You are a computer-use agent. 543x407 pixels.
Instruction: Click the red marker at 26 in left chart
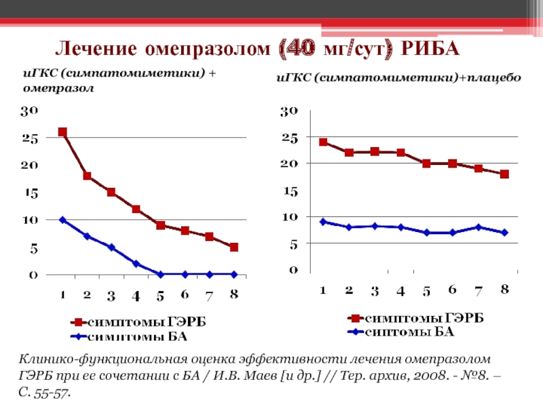tap(62, 132)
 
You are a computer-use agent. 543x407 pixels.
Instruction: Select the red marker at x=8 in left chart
tap(233, 248)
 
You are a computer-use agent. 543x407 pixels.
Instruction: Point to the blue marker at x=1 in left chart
tap(62, 220)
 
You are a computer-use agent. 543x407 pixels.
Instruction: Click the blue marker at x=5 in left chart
tap(160, 274)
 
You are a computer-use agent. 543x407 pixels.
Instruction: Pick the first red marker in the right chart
tap(323, 142)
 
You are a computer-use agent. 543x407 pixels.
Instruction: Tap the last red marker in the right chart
tap(504, 174)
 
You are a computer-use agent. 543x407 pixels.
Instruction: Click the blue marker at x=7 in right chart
tap(479, 227)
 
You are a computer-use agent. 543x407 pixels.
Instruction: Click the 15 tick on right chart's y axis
tap(289, 191)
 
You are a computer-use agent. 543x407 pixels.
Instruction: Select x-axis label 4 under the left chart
tap(136, 296)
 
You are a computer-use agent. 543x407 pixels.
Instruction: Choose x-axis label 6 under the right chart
tap(453, 290)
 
